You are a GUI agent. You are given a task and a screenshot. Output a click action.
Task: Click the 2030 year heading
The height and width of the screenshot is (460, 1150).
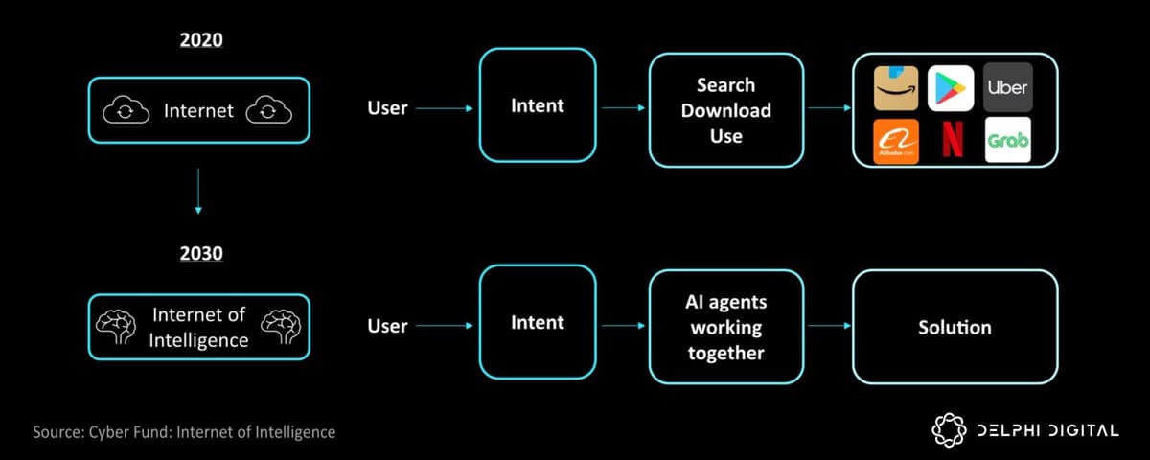[x=198, y=254]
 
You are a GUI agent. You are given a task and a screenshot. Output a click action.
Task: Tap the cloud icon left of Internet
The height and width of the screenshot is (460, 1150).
[x=126, y=111]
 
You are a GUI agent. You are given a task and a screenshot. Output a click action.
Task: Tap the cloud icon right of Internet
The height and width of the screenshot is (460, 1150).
[x=268, y=111]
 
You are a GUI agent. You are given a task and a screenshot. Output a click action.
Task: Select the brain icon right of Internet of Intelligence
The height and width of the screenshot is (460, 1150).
[x=281, y=327]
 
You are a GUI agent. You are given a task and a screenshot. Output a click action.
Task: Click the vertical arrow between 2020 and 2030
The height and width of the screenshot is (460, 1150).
[x=198, y=191]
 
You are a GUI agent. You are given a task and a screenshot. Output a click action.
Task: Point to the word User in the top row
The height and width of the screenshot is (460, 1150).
[x=387, y=108]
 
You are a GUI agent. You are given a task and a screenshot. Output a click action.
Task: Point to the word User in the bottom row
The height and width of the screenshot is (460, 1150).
[x=387, y=326]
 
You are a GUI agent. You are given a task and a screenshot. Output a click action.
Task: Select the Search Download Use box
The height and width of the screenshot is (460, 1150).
[x=725, y=110]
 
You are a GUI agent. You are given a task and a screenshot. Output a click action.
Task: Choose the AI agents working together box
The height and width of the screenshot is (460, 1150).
[x=725, y=327]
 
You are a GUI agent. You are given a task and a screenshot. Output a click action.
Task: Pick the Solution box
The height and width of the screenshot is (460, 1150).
[x=954, y=327]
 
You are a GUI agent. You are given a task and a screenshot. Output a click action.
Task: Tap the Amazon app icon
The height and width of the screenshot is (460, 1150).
[x=896, y=86]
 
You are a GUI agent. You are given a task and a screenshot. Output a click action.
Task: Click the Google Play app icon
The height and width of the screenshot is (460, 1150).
[x=952, y=86]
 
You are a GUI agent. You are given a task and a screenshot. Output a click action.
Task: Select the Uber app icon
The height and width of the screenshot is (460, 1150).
[x=1007, y=86]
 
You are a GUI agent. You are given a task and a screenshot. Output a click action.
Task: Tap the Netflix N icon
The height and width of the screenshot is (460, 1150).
[x=952, y=141]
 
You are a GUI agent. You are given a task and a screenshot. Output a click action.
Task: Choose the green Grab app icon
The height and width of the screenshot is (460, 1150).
[x=1007, y=141]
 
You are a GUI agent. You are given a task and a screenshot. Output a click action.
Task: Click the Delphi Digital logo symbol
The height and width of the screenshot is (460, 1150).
[x=949, y=430]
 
